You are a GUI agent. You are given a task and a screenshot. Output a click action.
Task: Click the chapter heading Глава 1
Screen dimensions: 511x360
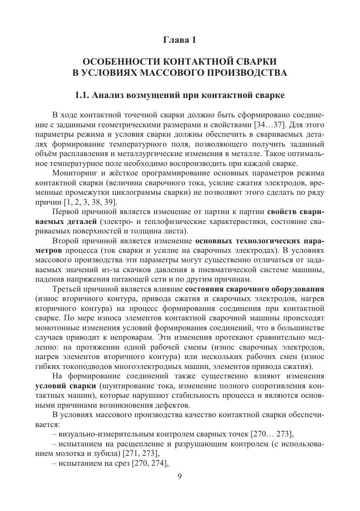pos(180,40)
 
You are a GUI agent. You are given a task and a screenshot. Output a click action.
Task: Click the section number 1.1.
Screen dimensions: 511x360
pos(82,96)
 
